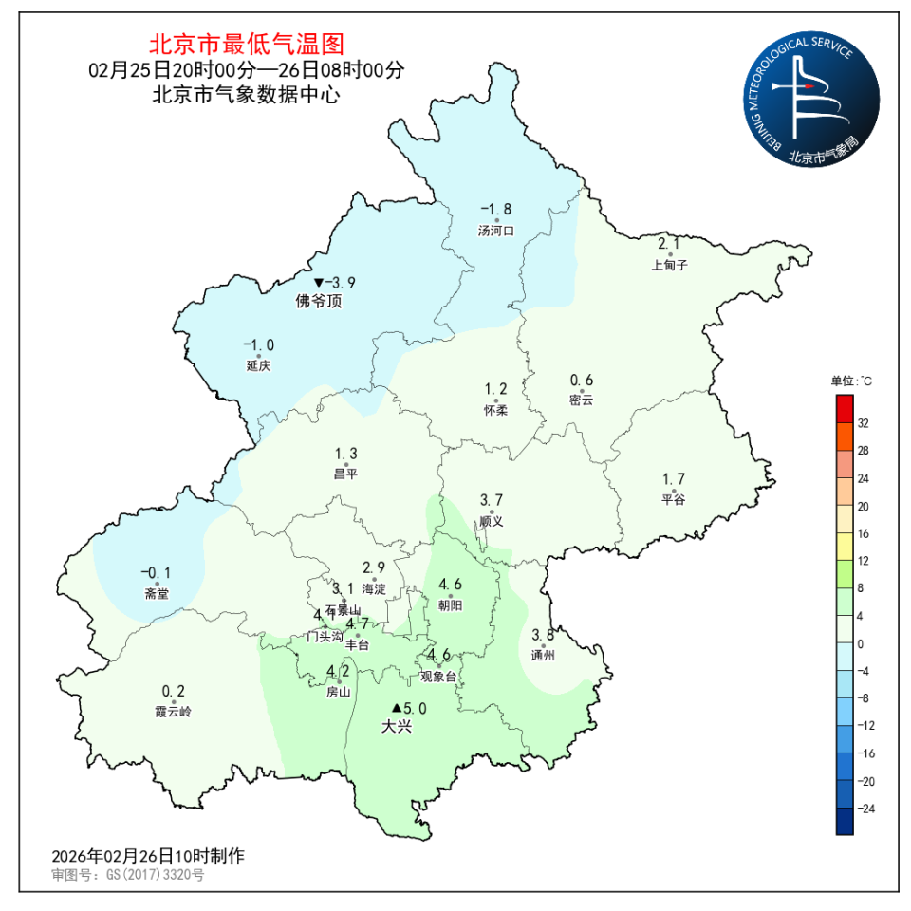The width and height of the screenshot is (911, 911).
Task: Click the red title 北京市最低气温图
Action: [246, 44]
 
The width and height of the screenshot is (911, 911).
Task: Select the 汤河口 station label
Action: [496, 231]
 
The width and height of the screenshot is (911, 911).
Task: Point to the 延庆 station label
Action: [258, 366]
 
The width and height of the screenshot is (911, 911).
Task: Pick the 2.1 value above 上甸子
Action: [669, 244]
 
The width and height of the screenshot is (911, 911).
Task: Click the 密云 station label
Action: [582, 400]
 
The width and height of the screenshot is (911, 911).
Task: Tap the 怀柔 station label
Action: [496, 410]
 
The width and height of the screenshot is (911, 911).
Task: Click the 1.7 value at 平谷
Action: [674, 479]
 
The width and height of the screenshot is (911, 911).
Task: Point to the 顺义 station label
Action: [491, 521]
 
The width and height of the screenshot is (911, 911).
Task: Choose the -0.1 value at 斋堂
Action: [156, 572]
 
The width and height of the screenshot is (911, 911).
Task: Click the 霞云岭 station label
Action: [174, 712]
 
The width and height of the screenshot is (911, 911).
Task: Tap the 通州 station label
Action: [543, 656]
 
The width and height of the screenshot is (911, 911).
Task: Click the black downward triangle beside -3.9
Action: [319, 283]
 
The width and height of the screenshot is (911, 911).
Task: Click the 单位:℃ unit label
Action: [851, 381]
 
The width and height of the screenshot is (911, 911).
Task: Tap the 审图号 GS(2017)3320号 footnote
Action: [128, 874]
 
